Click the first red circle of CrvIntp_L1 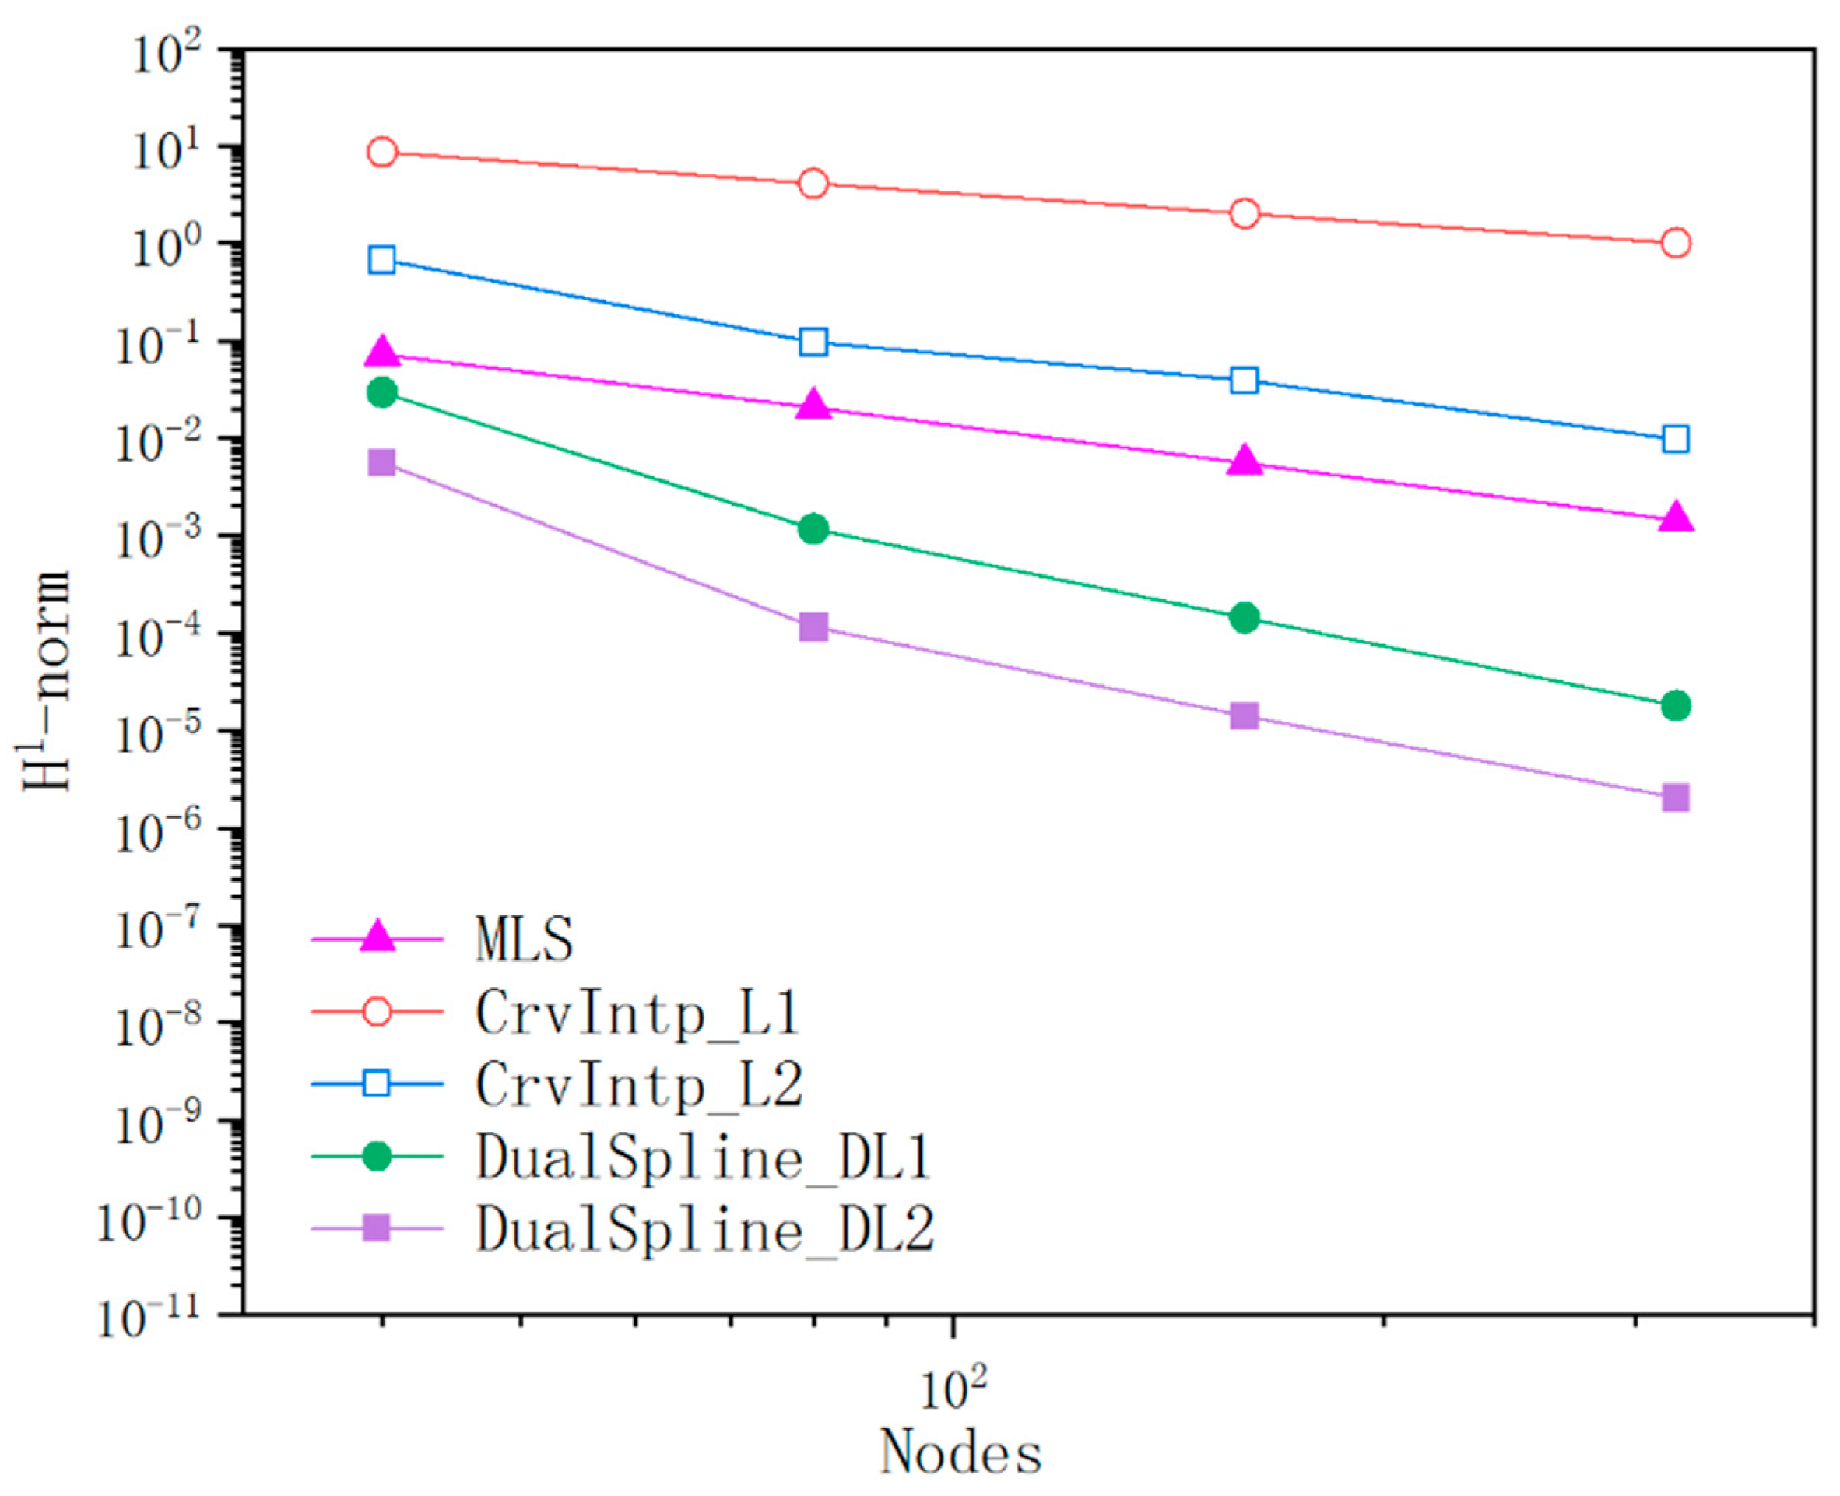[x=382, y=153]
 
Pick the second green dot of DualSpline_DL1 [x=813, y=529]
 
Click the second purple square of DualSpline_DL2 [x=813, y=627]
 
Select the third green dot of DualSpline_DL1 [x=1245, y=617]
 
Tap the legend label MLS [x=524, y=939]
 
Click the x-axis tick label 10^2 [x=953, y=1389]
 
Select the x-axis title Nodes [x=960, y=1453]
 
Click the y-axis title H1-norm [x=45, y=681]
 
